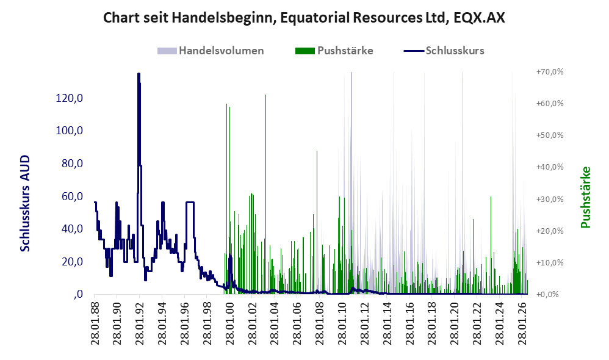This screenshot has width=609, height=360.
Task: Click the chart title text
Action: click(x=304, y=18)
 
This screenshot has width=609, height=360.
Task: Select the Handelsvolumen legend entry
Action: click(x=211, y=51)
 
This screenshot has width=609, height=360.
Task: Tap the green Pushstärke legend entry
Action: click(x=334, y=51)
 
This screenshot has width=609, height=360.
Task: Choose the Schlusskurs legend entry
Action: click(x=444, y=51)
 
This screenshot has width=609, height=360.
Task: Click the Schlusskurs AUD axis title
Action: click(x=25, y=203)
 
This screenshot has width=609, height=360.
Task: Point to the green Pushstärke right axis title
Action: click(x=585, y=197)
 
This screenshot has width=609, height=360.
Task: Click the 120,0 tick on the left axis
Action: click(x=70, y=98)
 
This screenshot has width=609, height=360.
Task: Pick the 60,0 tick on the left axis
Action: click(x=72, y=196)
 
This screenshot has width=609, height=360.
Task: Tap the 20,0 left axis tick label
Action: click(x=72, y=261)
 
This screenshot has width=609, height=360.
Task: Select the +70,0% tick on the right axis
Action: click(x=550, y=72)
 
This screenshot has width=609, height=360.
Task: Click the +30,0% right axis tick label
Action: click(x=550, y=200)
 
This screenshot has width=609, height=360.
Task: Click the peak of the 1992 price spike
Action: click(x=139, y=73)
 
